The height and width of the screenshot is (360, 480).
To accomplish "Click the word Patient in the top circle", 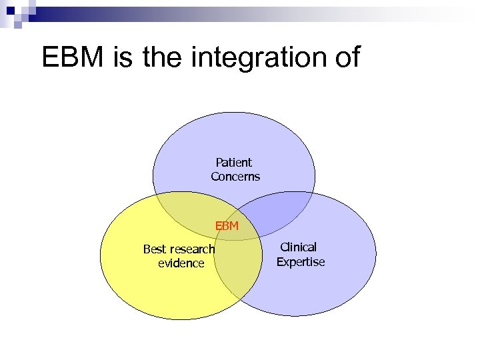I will [x=233, y=162].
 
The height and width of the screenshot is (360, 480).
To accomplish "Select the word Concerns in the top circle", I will [x=235, y=177].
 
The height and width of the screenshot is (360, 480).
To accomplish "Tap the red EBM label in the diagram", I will [x=227, y=226].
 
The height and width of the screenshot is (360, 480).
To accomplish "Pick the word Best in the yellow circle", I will [x=155, y=249].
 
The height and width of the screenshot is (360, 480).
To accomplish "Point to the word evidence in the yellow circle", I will [x=181, y=263].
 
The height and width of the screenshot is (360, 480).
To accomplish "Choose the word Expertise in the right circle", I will [x=300, y=262].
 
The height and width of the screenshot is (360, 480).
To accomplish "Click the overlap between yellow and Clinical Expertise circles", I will [x=240, y=280].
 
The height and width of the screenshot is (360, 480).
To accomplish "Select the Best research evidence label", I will [x=179, y=256].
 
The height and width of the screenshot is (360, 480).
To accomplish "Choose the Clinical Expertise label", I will [x=300, y=255].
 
